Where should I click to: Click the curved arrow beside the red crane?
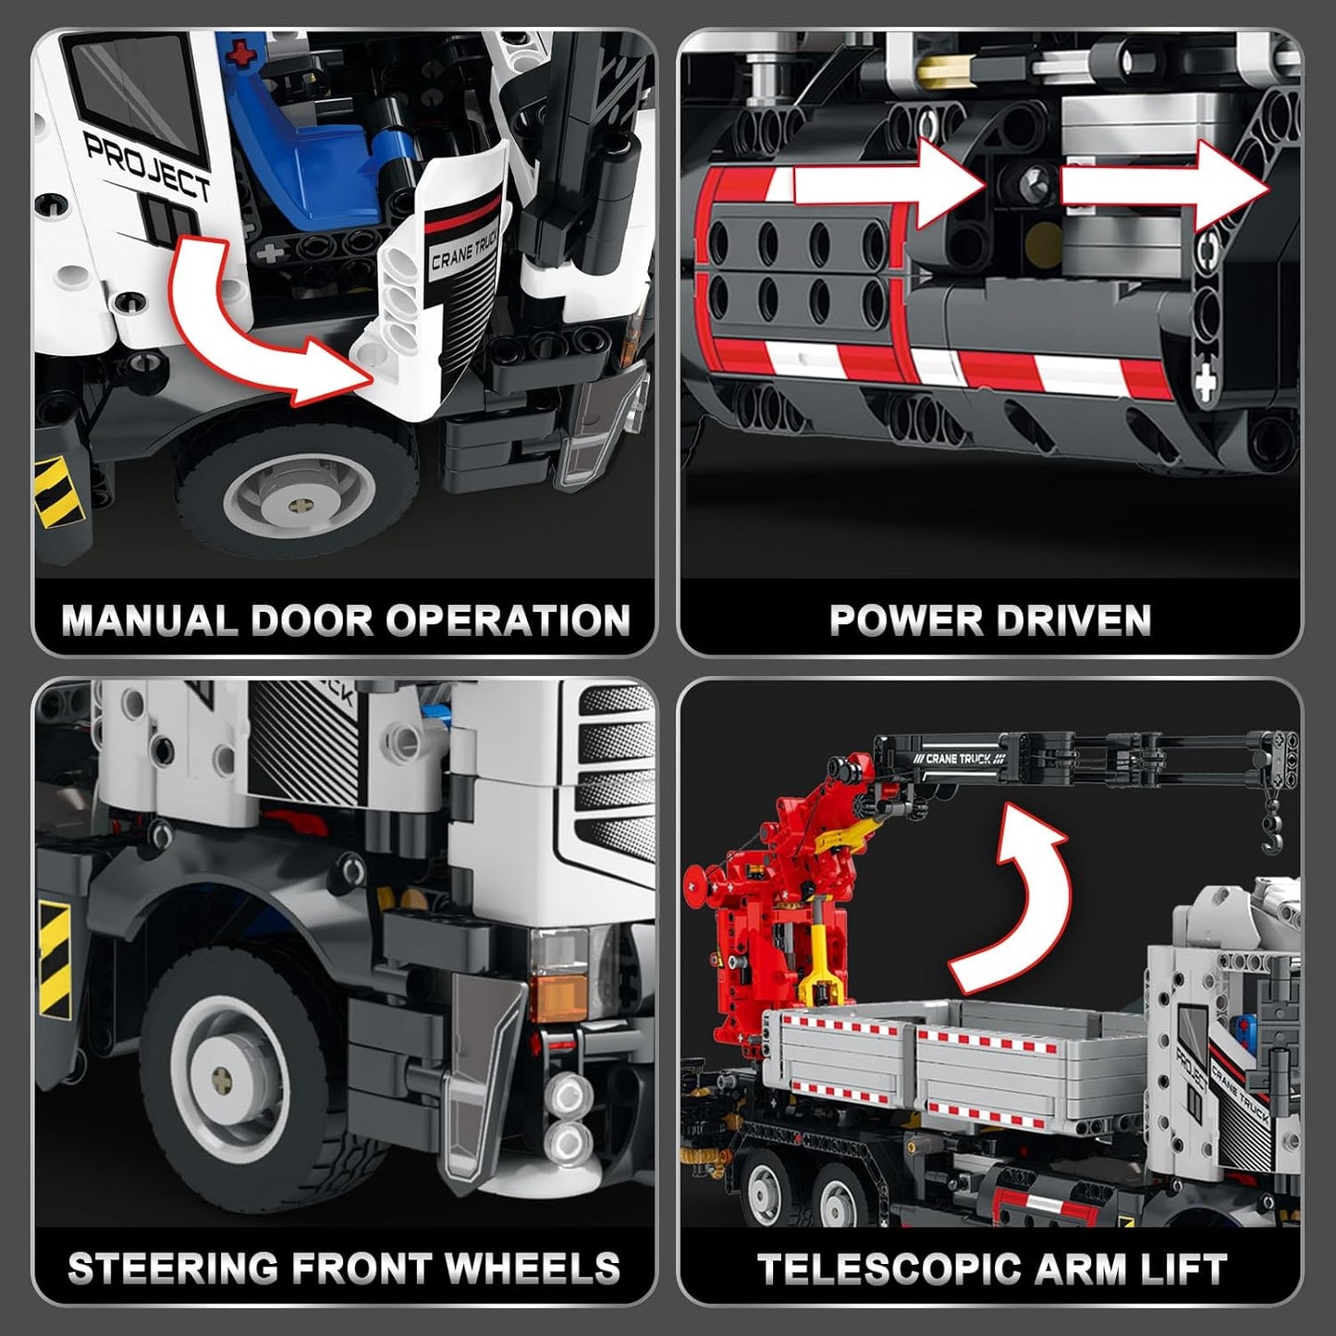pos(1012,897)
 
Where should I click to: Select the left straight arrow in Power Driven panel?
pos(888,185)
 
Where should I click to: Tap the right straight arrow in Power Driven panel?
pos(1165,185)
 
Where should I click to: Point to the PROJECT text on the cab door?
pos(148,166)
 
